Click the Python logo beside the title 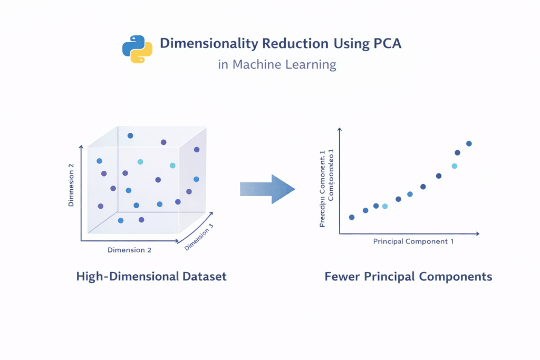(x=137, y=50)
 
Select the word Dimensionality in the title (x=204, y=43)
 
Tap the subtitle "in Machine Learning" (x=277, y=65)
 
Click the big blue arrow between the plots (x=267, y=188)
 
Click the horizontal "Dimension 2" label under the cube (x=129, y=250)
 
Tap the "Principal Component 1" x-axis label (x=413, y=241)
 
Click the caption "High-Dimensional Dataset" (x=151, y=276)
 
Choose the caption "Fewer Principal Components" (x=408, y=276)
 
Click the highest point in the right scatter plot (x=469, y=143)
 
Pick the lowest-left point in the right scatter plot (x=352, y=217)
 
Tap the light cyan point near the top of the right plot (x=454, y=166)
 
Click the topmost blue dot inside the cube (x=130, y=135)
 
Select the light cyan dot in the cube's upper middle (x=140, y=162)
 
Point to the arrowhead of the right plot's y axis (x=340, y=130)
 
